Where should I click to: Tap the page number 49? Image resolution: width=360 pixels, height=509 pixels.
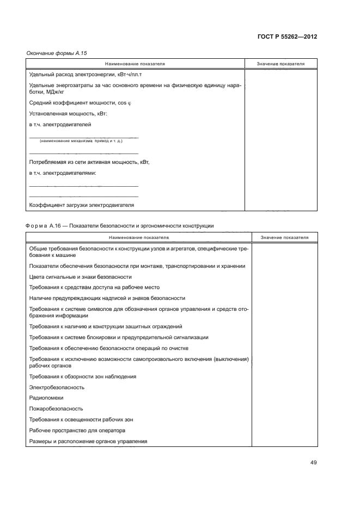313,463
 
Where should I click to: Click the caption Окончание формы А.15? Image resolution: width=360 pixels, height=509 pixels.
57,53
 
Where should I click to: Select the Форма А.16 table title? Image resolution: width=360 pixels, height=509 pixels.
120,225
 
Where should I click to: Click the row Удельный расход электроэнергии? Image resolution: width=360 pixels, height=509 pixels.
88,74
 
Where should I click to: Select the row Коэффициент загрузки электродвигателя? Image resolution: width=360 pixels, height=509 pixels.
81,205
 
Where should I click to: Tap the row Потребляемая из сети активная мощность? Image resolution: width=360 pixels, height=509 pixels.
89,162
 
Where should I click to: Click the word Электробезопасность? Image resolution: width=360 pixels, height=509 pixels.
57,388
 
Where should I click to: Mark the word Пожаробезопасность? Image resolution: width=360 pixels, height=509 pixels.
56,408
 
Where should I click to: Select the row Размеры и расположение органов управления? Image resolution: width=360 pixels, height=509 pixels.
89,441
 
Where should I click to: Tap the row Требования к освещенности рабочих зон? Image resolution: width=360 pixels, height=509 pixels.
81,419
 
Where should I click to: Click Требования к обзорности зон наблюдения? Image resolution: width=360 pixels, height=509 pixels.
83,377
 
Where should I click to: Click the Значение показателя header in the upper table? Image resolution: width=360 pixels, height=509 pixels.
280,64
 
